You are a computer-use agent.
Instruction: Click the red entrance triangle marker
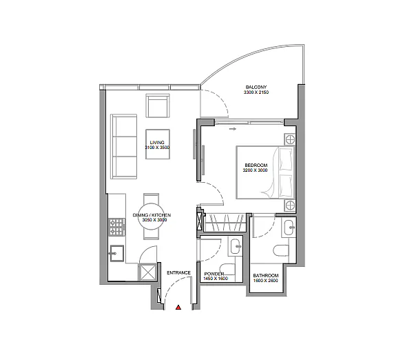(178, 308)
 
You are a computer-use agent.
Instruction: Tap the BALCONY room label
(256, 87)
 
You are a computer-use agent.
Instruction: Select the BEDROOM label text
(256, 166)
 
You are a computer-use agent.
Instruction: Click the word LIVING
(157, 142)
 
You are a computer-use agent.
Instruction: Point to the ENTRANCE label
(178, 273)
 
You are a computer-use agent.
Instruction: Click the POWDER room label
(214, 274)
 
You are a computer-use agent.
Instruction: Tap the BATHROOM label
(266, 276)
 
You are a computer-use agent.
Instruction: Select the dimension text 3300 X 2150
(256, 92)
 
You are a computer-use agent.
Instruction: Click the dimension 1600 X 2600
(265, 281)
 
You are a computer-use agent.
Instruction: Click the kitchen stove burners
(117, 227)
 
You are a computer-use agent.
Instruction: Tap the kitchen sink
(117, 254)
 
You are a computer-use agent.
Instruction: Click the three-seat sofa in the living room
(123, 146)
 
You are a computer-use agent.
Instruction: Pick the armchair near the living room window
(158, 106)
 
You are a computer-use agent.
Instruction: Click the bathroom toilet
(281, 250)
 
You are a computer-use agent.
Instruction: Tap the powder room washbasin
(236, 246)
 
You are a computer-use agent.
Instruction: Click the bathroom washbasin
(289, 228)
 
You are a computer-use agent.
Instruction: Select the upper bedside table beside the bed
(290, 140)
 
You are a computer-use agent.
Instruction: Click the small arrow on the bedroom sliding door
(233, 129)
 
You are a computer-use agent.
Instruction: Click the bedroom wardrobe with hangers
(225, 223)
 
